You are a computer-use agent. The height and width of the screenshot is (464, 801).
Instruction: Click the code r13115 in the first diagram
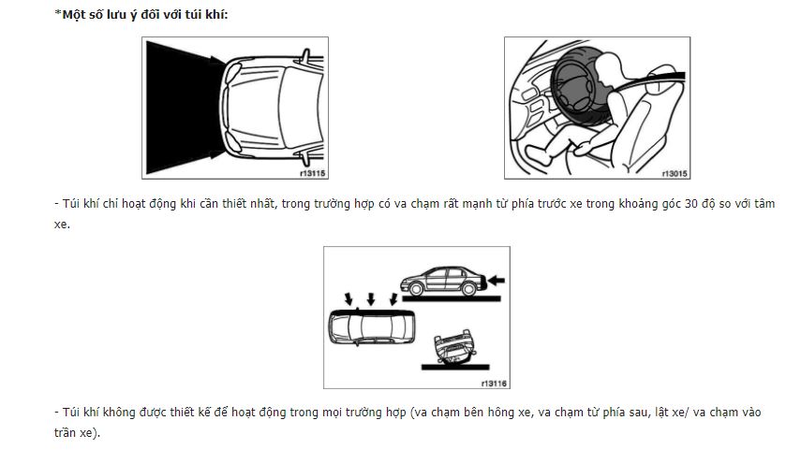(x=313, y=173)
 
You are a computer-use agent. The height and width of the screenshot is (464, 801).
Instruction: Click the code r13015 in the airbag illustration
(x=675, y=174)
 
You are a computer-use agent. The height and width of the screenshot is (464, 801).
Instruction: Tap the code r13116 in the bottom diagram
(x=494, y=384)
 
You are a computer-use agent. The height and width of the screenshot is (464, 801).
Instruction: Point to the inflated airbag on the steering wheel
(x=580, y=87)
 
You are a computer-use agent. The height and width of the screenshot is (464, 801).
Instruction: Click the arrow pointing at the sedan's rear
(x=496, y=280)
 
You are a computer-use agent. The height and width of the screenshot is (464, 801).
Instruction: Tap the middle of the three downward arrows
(x=371, y=298)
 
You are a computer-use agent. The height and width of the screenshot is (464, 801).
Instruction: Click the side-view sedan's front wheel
(x=416, y=289)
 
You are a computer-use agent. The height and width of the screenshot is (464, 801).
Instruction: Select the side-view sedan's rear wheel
(x=468, y=289)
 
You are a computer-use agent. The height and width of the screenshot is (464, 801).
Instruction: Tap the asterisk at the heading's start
(x=58, y=13)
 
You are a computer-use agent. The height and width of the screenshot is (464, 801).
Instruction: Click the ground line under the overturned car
(x=455, y=367)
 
